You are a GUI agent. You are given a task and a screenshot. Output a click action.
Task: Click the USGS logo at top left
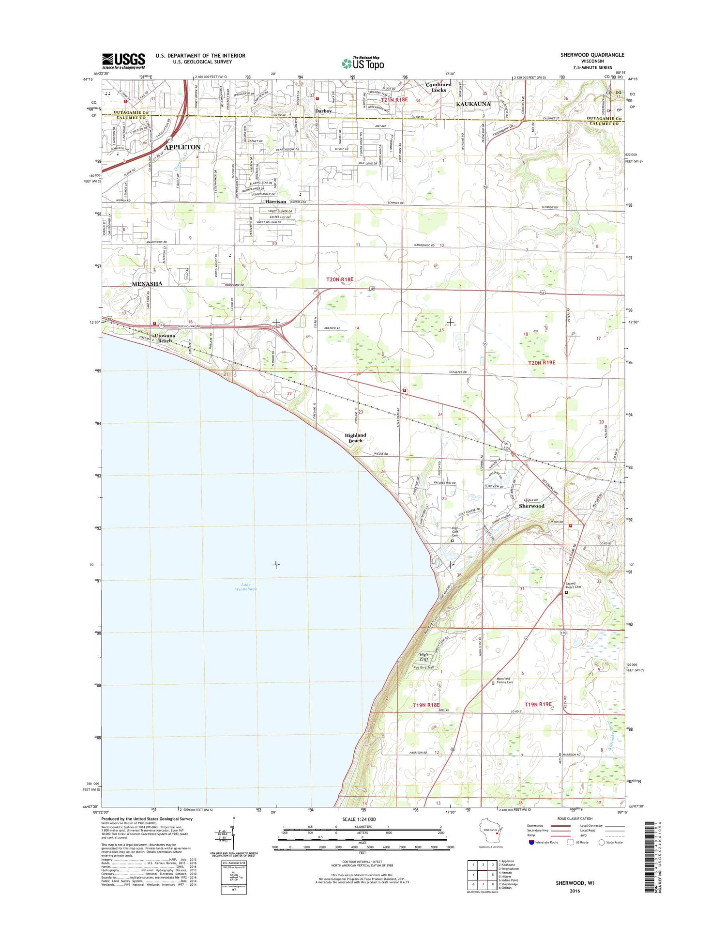123,61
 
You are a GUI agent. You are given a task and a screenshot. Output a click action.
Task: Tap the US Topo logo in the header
363,63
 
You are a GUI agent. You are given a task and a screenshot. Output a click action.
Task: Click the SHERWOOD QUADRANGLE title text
592,55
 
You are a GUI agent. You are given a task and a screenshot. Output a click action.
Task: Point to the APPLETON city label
182,147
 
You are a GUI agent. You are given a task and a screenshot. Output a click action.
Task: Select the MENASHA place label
147,284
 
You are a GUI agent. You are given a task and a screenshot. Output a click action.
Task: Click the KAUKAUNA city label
473,104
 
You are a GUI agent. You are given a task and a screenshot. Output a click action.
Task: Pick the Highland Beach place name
355,438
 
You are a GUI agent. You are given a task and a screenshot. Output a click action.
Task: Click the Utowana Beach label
165,338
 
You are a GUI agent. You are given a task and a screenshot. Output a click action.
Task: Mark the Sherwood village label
531,506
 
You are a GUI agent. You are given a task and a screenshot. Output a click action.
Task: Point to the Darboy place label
323,111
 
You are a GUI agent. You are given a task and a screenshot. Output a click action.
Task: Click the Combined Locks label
439,87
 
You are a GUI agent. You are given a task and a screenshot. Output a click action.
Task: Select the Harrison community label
275,201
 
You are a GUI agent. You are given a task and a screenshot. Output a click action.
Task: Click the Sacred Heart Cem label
574,585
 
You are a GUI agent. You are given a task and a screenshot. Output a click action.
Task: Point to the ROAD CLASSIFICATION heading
575,818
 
